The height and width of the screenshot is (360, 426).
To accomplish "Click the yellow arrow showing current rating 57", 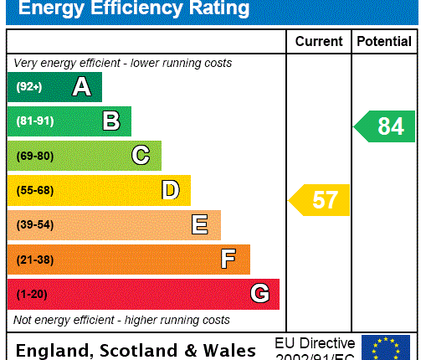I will coord(319,200).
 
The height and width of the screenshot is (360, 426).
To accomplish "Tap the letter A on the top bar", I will coord(81,86).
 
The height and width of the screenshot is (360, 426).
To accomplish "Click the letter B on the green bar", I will coord(110,121).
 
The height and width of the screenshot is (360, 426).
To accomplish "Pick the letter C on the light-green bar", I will coord(141,156).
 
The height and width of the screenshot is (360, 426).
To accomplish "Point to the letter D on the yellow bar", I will coord(170,190).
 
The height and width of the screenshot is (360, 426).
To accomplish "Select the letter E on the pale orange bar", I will coord(199,224).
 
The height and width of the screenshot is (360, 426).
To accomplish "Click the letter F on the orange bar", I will coord(228,260).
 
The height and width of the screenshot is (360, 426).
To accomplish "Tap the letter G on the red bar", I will coord(259,294).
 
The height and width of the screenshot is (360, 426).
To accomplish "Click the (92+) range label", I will coord(28,87).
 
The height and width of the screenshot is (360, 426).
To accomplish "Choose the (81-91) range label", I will coord(34,121).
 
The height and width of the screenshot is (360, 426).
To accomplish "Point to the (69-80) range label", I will coord(34,156).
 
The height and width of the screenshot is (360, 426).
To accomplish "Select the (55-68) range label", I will coord(34,191).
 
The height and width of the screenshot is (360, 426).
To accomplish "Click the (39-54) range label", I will coord(34,225).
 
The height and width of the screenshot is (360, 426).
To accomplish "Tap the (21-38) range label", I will coord(34,260).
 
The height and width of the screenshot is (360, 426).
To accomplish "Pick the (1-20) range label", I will coord(32,295).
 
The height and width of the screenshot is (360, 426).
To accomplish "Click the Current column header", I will coord(319,41).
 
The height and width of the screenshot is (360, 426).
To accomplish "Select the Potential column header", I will coord(384,41).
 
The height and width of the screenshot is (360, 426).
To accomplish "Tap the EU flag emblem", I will coord(386,347).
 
